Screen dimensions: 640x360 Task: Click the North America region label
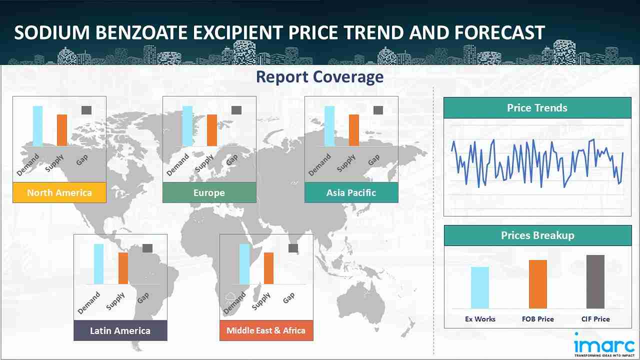(x=59, y=192)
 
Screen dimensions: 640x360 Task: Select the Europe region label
(x=209, y=192)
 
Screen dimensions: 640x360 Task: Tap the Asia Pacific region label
(x=351, y=192)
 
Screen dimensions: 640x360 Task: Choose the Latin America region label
(x=120, y=330)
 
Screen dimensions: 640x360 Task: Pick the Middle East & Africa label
(x=266, y=330)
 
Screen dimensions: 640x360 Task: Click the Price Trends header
(x=537, y=107)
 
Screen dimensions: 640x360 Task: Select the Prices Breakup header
(x=537, y=235)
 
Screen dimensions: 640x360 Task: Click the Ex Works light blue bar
(x=480, y=287)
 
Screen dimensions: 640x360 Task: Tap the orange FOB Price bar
(x=537, y=284)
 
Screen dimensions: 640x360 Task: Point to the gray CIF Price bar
(x=595, y=281)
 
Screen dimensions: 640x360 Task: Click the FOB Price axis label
(x=537, y=319)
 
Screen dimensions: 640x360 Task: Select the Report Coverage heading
(x=319, y=77)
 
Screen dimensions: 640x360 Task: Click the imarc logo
(x=604, y=345)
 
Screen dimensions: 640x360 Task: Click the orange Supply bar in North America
(x=62, y=130)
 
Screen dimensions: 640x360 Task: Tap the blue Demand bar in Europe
(x=187, y=126)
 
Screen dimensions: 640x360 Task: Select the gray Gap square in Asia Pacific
(x=378, y=110)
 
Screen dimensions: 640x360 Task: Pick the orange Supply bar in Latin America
(x=123, y=268)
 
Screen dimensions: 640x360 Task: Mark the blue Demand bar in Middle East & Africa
(x=244, y=264)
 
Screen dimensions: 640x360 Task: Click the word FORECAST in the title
(x=499, y=32)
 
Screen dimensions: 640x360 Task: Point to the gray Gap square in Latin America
(x=147, y=248)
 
